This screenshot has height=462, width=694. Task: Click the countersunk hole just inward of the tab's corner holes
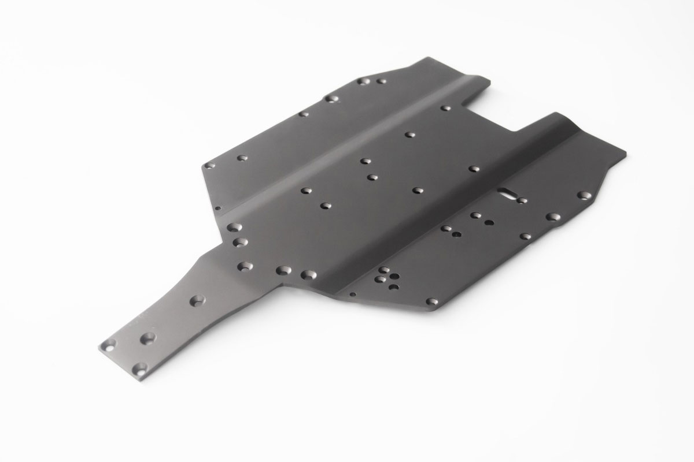pyautogui.click(x=148, y=337)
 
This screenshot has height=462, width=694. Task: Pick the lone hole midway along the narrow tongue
pyautogui.click(x=198, y=300)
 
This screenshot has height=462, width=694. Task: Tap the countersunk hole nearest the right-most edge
pyautogui.click(x=584, y=195)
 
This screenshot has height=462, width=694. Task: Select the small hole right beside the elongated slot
pyautogui.click(x=522, y=201)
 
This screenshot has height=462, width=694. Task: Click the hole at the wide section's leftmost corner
pyautogui.click(x=209, y=165)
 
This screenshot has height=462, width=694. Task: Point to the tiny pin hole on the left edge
pyautogui.click(x=217, y=208)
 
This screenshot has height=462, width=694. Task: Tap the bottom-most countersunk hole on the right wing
pyautogui.click(x=431, y=301)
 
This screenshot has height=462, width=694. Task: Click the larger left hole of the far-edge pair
pyautogui.click(x=363, y=81)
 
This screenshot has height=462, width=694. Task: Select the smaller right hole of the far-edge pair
pyautogui.click(x=381, y=81)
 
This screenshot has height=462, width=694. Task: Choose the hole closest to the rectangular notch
pyautogui.click(x=445, y=108)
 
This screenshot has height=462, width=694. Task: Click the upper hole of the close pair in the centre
pyautogui.click(x=365, y=161)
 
